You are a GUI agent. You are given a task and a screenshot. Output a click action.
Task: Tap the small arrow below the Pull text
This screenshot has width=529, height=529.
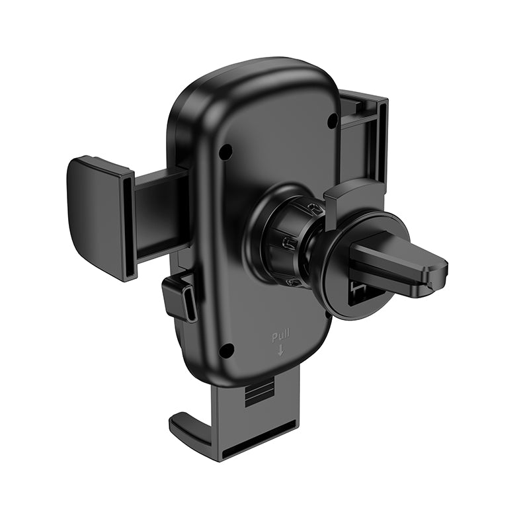[x=280, y=350]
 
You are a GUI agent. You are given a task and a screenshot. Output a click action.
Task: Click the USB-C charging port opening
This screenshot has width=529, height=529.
[x=191, y=304]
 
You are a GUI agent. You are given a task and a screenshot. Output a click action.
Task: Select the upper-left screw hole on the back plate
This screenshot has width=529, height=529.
[x=225, y=151]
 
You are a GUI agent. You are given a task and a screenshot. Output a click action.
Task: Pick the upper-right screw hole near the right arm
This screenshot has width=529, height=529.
[x=333, y=120]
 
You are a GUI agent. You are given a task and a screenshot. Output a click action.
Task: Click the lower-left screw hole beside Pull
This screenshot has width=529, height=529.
[x=226, y=350]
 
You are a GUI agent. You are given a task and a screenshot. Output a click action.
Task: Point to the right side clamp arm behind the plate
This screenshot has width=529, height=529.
[x=364, y=132]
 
